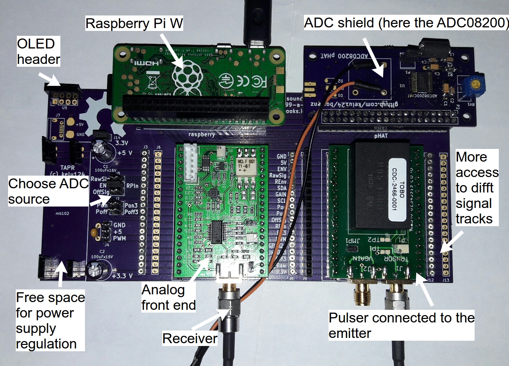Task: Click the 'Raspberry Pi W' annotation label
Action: tap(134, 24)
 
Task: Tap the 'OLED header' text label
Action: tap(38, 51)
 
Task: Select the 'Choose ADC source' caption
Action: tap(48, 191)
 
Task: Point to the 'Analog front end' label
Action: tap(168, 298)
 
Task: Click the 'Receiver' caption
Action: tap(190, 338)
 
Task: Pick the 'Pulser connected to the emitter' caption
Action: tap(401, 325)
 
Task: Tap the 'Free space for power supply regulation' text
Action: tap(50, 320)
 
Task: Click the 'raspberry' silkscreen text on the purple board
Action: tap(201, 135)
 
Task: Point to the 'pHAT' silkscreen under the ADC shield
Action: tap(381, 135)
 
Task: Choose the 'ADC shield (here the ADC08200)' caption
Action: tap(406, 23)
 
